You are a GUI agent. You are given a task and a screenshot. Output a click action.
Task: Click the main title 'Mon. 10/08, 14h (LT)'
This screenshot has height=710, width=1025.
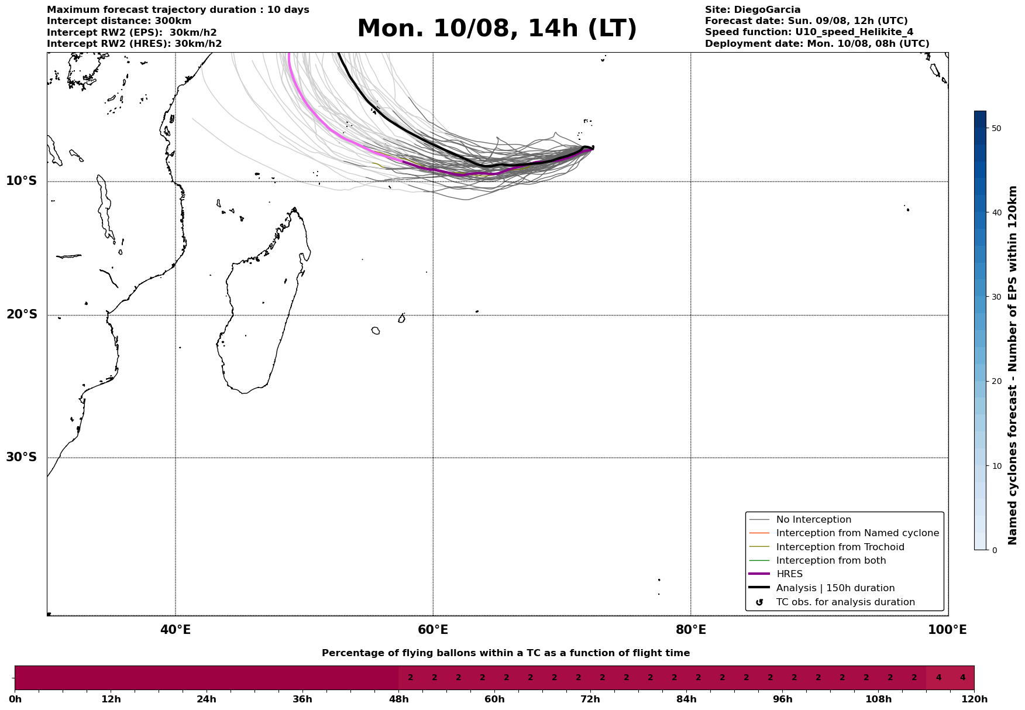coord(497,29)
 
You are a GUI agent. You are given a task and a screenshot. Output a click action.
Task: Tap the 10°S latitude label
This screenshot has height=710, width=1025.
coord(22,181)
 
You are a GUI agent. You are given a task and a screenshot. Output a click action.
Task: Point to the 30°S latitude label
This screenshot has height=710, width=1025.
coord(22,457)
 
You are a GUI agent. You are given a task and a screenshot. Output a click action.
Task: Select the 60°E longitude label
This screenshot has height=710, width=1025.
coord(433,630)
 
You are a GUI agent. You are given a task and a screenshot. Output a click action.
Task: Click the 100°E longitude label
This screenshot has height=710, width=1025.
coord(947,630)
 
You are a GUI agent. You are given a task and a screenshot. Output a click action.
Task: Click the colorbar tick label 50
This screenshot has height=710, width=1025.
coord(997,128)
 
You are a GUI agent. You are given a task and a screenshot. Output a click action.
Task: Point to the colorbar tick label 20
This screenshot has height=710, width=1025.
coord(997,382)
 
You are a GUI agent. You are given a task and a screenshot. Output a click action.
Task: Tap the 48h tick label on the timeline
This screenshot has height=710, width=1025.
coord(398,699)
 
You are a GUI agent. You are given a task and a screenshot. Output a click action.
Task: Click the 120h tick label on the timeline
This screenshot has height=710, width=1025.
coord(974,699)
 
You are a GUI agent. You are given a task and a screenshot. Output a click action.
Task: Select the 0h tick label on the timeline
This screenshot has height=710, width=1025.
coord(15,699)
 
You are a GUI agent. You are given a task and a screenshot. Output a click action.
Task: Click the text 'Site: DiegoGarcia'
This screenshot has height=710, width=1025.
coord(752,10)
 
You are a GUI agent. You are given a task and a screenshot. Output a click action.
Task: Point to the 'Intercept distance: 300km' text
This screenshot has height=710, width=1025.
coord(119,21)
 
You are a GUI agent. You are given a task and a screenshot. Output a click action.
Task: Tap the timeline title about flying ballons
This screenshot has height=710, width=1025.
coord(505,653)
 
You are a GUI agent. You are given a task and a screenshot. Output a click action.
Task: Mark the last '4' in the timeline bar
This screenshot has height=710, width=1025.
coord(962,678)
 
